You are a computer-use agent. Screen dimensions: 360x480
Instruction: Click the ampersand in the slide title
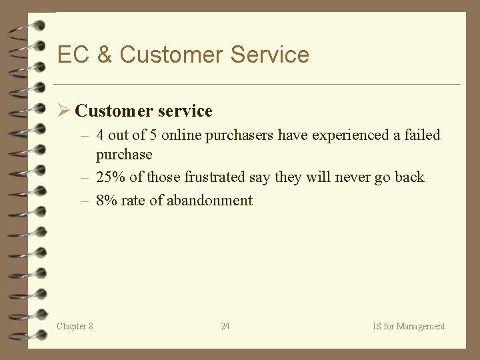[x=104, y=55]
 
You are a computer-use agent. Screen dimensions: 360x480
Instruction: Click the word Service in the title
[x=270, y=55]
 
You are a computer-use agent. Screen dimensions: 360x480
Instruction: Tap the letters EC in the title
[x=73, y=55]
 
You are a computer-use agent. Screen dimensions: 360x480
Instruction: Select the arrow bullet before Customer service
[x=64, y=111]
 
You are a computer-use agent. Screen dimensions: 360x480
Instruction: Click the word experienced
[x=347, y=135]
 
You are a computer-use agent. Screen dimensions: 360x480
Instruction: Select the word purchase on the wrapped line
[x=124, y=155]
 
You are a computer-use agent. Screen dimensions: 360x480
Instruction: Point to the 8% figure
[x=107, y=201]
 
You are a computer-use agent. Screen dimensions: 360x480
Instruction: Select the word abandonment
[x=209, y=201]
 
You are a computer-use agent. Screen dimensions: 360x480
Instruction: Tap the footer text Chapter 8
[x=75, y=326]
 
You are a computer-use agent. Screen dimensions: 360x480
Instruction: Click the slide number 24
[x=225, y=326]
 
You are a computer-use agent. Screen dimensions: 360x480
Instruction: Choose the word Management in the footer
[x=421, y=326]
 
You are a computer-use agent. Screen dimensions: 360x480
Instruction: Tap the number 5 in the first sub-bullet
[x=153, y=135]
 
